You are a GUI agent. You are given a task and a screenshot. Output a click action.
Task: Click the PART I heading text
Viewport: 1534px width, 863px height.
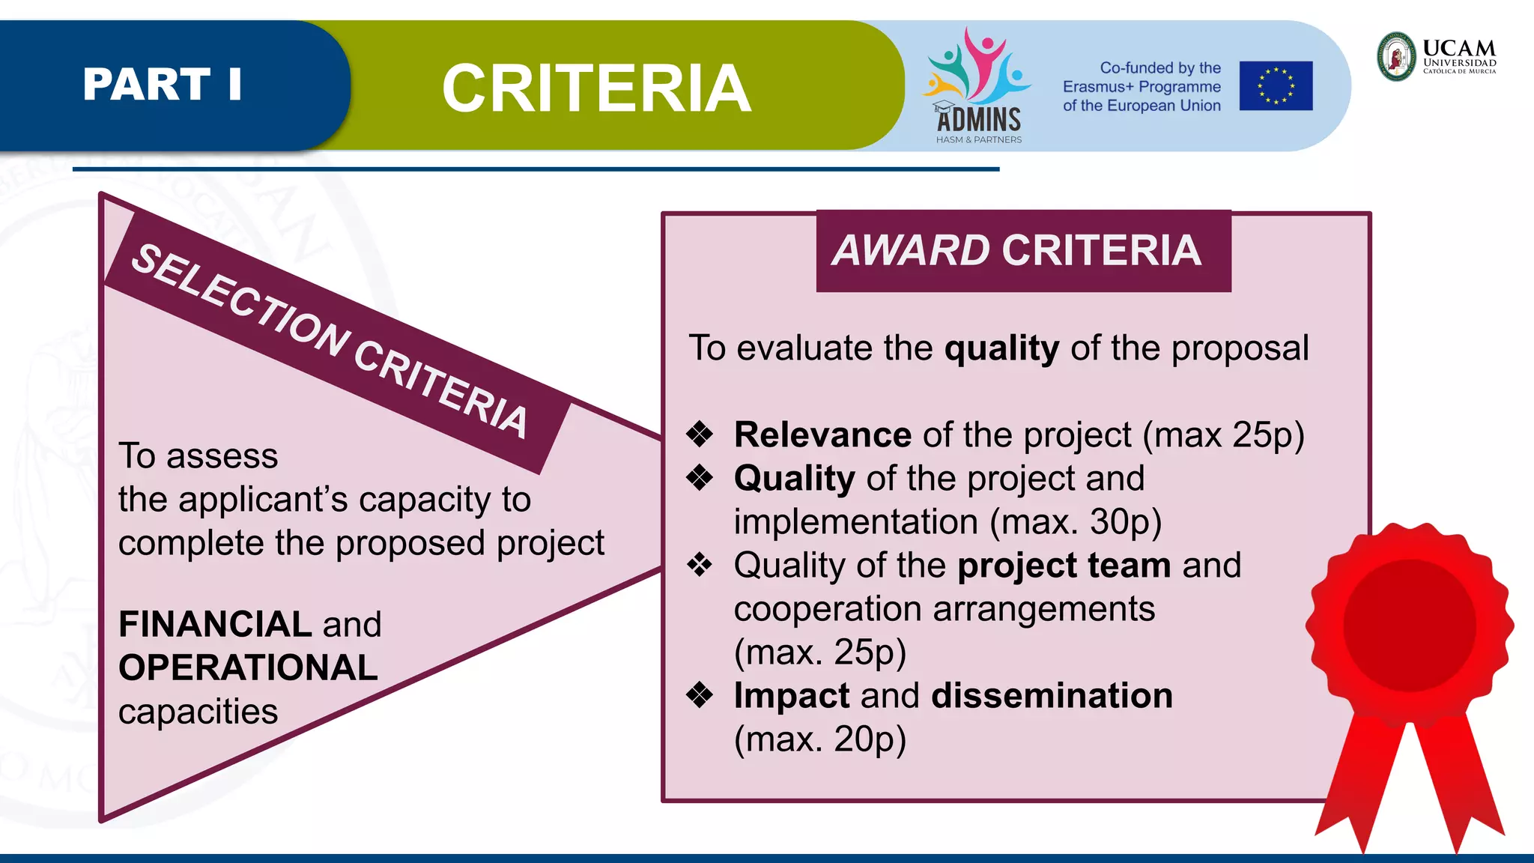(x=163, y=84)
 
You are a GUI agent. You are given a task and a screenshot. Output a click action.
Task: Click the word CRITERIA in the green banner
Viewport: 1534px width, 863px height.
(x=596, y=88)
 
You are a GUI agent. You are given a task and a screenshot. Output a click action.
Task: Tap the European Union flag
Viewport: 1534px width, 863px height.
(x=1275, y=86)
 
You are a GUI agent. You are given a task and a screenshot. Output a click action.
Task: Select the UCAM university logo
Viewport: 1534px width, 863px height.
(x=1436, y=56)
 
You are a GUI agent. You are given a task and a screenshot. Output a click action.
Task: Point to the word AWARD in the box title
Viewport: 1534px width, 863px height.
(x=911, y=250)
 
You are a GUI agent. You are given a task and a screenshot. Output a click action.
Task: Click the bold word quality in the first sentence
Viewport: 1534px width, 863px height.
(x=1001, y=348)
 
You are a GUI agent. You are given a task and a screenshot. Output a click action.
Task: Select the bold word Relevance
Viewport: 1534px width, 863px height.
(x=822, y=435)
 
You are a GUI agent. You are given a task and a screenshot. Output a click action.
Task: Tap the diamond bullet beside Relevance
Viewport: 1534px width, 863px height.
(x=700, y=434)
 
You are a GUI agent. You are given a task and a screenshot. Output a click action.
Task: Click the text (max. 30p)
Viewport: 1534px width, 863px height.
(x=1075, y=522)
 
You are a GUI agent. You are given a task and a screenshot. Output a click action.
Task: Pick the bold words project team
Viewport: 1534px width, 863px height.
(x=1064, y=566)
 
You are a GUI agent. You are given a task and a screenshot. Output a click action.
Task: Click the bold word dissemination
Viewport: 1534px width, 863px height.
(x=1052, y=696)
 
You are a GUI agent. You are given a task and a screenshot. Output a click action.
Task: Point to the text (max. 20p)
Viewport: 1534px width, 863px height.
(x=819, y=739)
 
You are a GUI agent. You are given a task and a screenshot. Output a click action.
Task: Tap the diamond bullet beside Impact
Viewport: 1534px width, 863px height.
(x=700, y=694)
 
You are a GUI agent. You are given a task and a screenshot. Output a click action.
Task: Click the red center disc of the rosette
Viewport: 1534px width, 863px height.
(x=1409, y=626)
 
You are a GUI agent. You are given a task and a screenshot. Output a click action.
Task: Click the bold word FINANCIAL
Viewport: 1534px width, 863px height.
(x=215, y=624)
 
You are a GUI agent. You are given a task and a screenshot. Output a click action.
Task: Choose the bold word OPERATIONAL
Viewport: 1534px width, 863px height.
(x=248, y=667)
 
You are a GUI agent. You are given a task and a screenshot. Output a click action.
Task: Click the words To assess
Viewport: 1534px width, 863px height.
(x=198, y=456)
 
